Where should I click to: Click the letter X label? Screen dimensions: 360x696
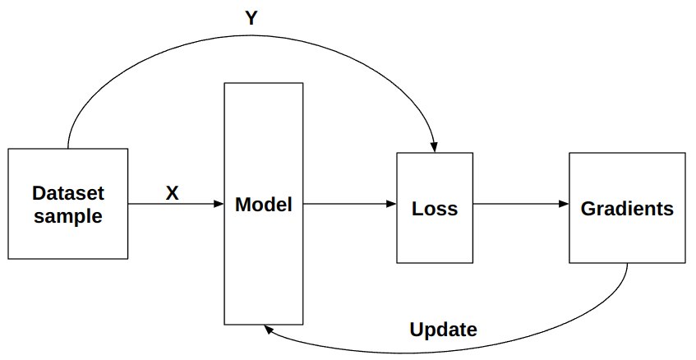coord(172,193)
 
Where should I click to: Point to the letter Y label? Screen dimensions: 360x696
coord(252,18)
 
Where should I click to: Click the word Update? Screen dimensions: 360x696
coord(443,330)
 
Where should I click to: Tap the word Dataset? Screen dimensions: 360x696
coord(68,194)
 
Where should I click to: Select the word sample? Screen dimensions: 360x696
coord(68,217)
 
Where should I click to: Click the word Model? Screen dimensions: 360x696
coord(263,205)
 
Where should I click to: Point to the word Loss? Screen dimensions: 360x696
coord(435,208)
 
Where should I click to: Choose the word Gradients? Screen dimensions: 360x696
coord(627,208)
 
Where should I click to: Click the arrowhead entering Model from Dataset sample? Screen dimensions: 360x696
coord(219,205)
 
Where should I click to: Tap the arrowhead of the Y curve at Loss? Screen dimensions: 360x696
coord(434,147)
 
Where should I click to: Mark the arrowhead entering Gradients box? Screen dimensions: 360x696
coord(564,205)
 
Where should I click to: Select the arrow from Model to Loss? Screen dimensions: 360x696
coord(345,205)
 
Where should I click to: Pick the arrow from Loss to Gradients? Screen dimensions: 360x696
coord(518,205)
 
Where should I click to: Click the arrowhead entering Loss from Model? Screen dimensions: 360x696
coord(391,205)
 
